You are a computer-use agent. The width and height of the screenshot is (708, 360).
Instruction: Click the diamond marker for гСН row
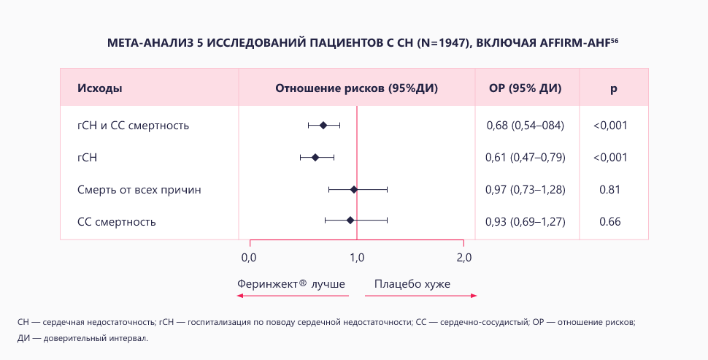point(315,157)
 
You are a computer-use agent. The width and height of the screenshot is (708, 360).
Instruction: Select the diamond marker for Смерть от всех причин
point(354,189)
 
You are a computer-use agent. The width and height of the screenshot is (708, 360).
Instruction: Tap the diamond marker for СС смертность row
point(350,220)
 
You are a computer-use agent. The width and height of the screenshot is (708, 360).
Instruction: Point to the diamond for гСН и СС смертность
point(323,125)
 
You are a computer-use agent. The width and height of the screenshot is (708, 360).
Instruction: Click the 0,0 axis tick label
point(249,257)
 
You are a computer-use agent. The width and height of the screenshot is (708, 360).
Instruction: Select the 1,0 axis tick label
point(356,257)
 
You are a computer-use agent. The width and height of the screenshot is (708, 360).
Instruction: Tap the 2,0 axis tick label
point(463,257)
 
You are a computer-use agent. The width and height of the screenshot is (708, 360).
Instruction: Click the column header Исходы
point(100,88)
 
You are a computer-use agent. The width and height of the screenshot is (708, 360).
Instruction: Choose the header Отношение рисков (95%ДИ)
point(357,88)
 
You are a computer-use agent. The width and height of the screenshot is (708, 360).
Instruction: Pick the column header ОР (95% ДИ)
point(526,88)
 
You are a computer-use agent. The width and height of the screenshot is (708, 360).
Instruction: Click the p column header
point(613,88)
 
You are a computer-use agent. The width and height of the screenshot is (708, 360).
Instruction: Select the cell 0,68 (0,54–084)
point(526,126)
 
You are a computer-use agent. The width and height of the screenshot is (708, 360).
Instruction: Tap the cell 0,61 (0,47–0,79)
point(526,157)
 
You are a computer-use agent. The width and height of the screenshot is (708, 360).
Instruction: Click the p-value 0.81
point(609,189)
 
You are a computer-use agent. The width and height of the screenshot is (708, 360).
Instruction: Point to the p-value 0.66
point(609,221)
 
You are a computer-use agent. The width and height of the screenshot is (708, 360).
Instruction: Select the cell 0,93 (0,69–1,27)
point(526,221)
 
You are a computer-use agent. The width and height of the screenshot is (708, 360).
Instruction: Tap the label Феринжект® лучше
point(290,283)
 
